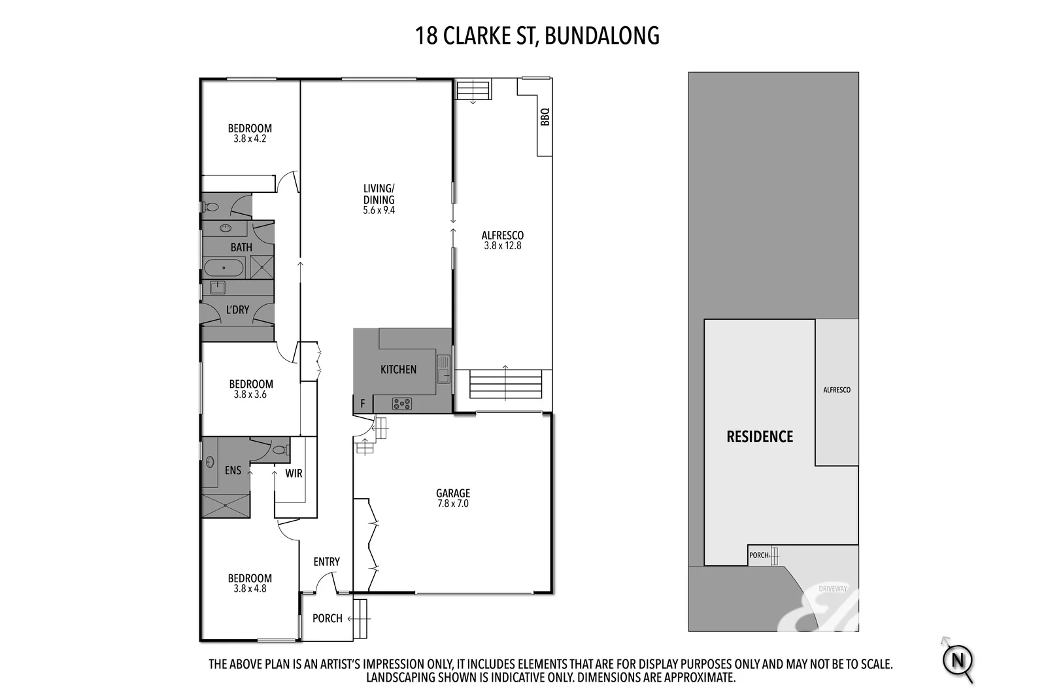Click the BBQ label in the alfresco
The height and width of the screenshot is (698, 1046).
click(x=545, y=116)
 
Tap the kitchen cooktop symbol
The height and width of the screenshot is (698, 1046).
click(x=401, y=404)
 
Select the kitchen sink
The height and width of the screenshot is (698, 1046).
click(x=443, y=368)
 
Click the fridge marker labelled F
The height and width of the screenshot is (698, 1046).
click(x=363, y=404)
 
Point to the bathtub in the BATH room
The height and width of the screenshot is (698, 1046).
click(x=224, y=268)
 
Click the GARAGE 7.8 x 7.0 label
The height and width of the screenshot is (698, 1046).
click(x=453, y=498)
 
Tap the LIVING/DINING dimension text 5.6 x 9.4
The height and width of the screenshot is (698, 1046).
click(x=379, y=211)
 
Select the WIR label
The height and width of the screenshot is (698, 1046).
click(x=294, y=473)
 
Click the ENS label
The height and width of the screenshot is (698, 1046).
click(x=233, y=470)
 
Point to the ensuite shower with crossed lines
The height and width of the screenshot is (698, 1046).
click(x=226, y=506)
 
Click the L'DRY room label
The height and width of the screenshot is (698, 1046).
click(x=237, y=309)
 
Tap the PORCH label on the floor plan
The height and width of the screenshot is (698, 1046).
click(x=327, y=618)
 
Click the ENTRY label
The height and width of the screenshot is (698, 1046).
click(x=326, y=561)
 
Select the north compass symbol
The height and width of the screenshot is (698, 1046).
click(x=958, y=659)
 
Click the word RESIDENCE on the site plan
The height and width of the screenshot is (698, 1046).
click(x=760, y=436)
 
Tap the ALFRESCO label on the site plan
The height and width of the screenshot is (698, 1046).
click(x=837, y=390)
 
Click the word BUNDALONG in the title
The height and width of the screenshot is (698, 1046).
click(x=601, y=35)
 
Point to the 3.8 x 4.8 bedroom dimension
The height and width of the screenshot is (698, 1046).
click(x=250, y=589)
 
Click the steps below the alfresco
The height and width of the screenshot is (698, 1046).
click(x=506, y=384)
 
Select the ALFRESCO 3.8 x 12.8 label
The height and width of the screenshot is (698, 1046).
click(x=503, y=240)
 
